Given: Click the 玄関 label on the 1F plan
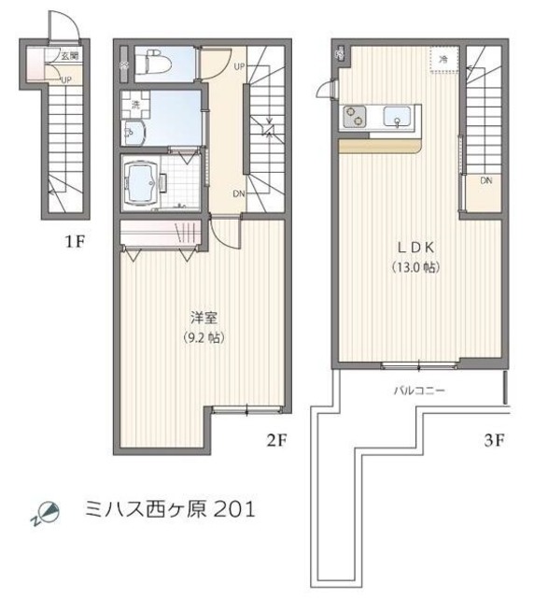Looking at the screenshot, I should coord(69,56).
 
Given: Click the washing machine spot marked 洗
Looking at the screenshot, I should coord(135,104).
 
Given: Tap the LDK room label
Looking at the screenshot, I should coord(415,248).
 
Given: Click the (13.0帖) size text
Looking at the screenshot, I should coord(415,266).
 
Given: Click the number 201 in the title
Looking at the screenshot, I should coord(233,510).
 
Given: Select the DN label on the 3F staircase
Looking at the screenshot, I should coord(485,180).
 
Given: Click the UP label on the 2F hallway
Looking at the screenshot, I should coord(240,66).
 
